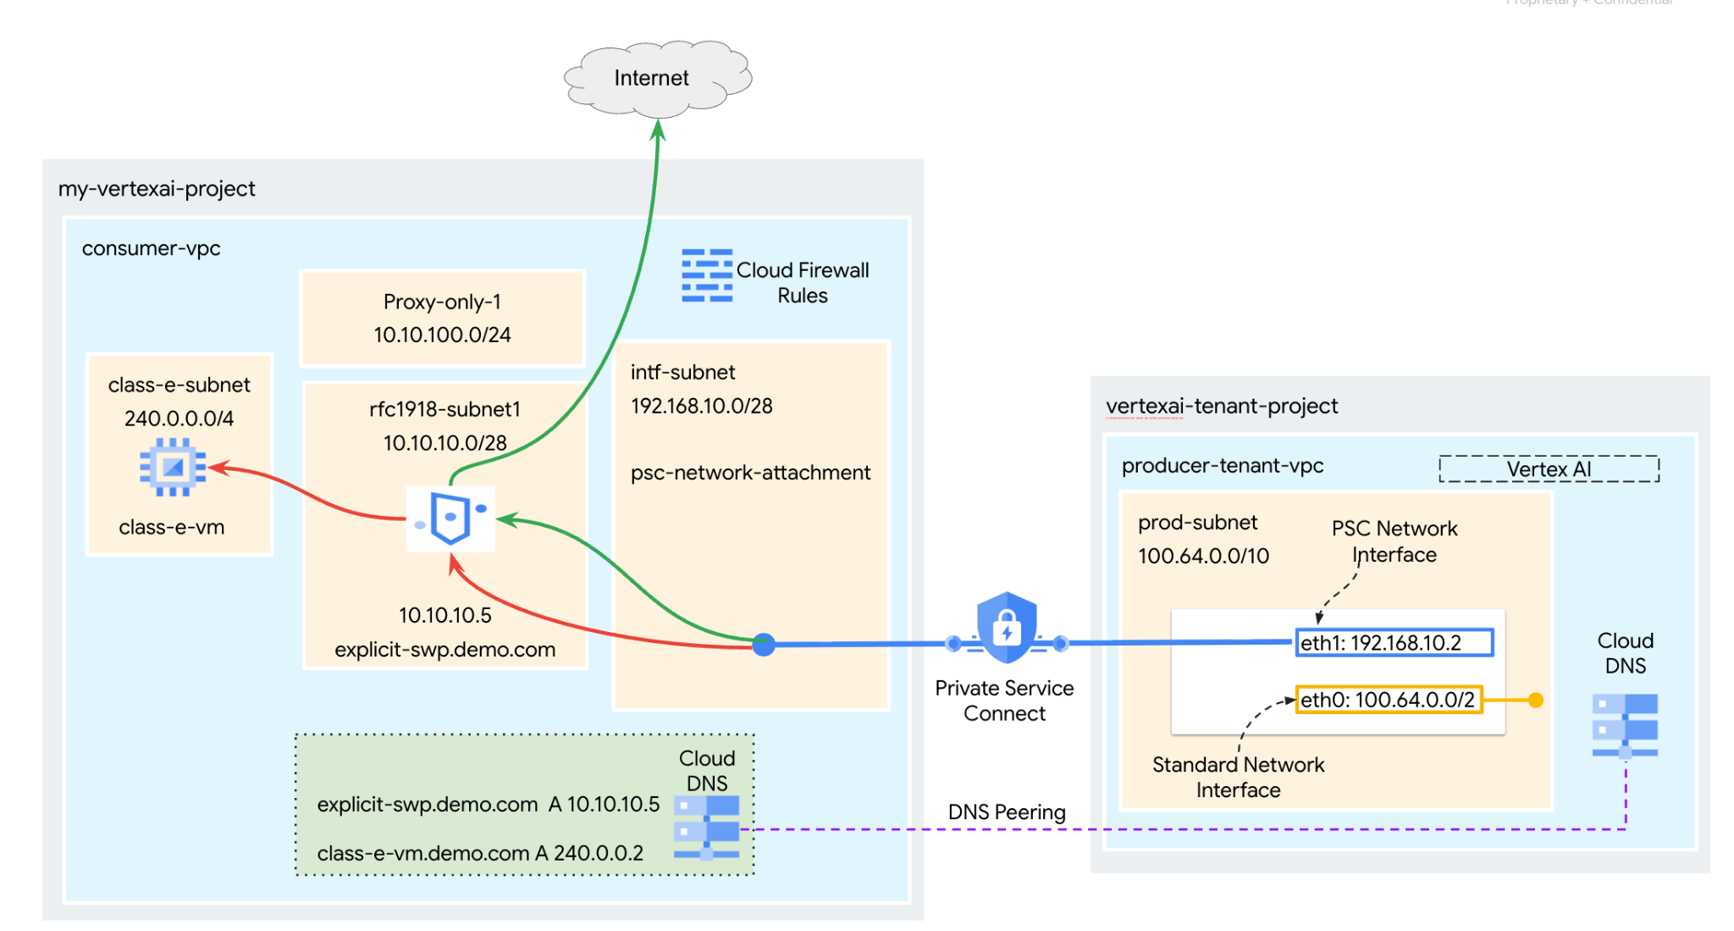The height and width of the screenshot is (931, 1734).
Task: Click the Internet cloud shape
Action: point(656,78)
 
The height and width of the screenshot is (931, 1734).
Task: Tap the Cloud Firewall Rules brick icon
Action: point(707,276)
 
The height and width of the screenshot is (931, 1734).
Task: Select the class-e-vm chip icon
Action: point(173,467)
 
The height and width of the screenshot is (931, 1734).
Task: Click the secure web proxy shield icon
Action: point(450,518)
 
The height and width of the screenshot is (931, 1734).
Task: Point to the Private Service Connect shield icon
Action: point(1006,628)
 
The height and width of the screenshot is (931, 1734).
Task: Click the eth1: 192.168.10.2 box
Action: point(1394,643)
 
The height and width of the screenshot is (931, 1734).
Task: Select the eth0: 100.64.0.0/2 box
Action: point(1389,700)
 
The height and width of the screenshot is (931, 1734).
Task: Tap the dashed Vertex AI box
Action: point(1549,469)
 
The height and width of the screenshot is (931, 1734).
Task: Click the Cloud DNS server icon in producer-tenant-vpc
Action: point(1625,725)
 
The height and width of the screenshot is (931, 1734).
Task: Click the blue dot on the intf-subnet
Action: point(764,645)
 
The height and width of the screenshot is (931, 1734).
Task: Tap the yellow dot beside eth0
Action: point(1536,700)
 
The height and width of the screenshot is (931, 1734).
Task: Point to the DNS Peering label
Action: point(1007,812)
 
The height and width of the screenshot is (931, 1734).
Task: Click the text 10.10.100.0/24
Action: point(442,335)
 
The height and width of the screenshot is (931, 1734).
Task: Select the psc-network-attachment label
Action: point(750,473)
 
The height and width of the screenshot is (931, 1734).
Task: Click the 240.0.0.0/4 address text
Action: point(179,418)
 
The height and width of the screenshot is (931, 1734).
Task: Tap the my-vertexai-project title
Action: point(157,189)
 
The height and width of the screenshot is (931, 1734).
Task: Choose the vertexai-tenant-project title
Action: point(1222,407)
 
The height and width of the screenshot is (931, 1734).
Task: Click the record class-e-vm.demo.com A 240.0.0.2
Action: point(480,853)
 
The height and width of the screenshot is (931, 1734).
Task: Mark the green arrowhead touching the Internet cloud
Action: point(658,130)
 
